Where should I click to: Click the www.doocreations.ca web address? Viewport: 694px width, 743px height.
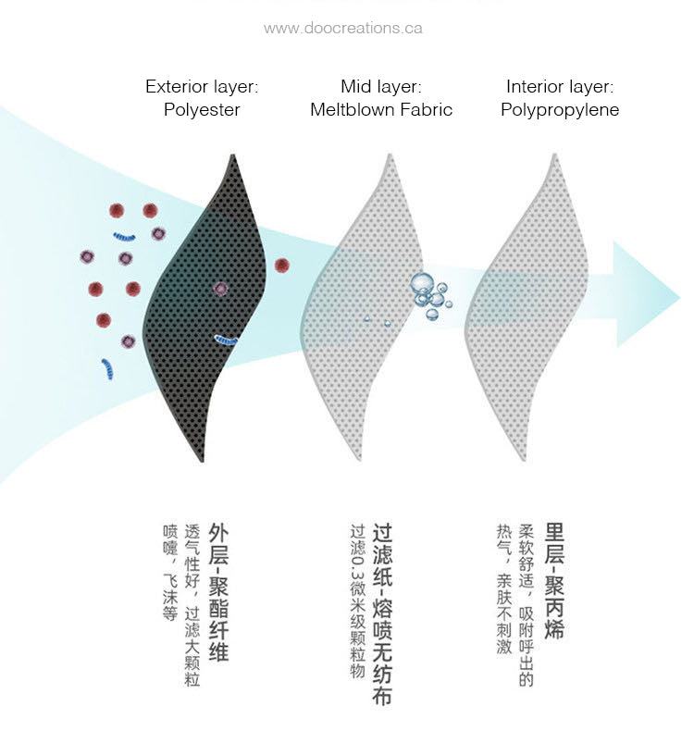point(343,28)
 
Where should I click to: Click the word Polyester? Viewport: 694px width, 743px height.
point(202,110)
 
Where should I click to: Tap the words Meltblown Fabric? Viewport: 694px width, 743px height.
point(381,109)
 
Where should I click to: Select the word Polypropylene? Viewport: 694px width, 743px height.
point(560,110)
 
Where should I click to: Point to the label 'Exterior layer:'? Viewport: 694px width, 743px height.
point(202,87)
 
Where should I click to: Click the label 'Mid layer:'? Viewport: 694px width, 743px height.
point(381,87)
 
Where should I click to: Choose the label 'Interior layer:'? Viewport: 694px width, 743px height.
point(560,87)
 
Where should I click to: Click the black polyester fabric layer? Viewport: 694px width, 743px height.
point(208,308)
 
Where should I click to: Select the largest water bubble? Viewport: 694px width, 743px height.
point(422,282)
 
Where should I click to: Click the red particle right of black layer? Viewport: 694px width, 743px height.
point(282,266)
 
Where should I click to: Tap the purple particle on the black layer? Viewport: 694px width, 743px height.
point(221,289)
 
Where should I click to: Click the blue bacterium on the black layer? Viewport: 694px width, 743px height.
point(226,340)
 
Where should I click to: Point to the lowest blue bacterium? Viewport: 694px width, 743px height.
point(107,369)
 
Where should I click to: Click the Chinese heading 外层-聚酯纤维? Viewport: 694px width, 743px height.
point(219,592)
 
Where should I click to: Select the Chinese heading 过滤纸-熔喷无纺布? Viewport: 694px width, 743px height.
point(382,614)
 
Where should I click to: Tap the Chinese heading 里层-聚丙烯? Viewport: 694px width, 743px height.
point(554,581)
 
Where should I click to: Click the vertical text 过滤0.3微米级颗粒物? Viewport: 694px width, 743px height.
point(358,601)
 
